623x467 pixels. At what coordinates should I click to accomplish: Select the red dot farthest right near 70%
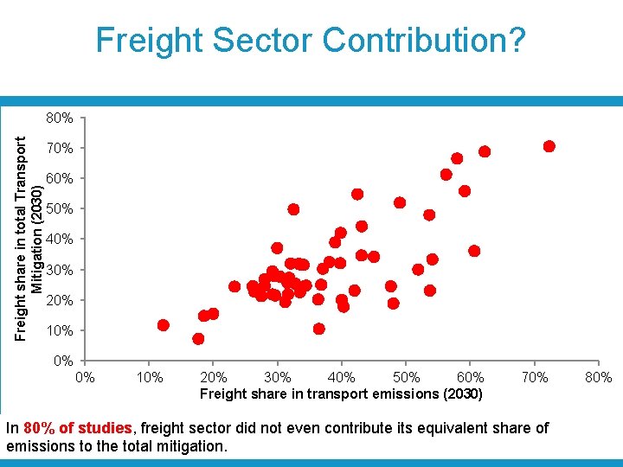pyautogui.click(x=549, y=146)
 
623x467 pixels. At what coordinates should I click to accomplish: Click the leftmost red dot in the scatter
pyautogui.click(x=163, y=325)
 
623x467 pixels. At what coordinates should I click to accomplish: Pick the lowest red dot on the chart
pyautogui.click(x=198, y=339)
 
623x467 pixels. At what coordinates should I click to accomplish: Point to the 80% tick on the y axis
pyautogui.click(x=60, y=118)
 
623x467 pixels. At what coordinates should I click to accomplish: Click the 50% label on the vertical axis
pyautogui.click(x=60, y=209)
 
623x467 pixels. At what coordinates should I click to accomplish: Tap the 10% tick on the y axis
pyautogui.click(x=60, y=331)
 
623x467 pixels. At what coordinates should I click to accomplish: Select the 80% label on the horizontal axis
pyautogui.click(x=598, y=377)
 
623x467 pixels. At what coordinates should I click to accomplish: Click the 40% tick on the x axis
pyautogui.click(x=342, y=377)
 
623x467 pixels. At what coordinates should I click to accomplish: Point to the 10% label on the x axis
pyautogui.click(x=150, y=377)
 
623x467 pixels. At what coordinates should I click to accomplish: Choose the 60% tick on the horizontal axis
pyautogui.click(x=470, y=377)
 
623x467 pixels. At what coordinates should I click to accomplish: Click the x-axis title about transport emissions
pyautogui.click(x=341, y=394)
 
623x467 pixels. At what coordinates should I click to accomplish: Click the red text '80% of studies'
pyautogui.click(x=78, y=428)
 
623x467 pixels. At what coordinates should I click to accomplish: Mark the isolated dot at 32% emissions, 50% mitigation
pyautogui.click(x=293, y=209)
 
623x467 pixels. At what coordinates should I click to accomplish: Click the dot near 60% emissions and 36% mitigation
pyautogui.click(x=474, y=251)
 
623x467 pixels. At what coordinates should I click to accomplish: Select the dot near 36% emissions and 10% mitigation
pyautogui.click(x=318, y=329)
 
